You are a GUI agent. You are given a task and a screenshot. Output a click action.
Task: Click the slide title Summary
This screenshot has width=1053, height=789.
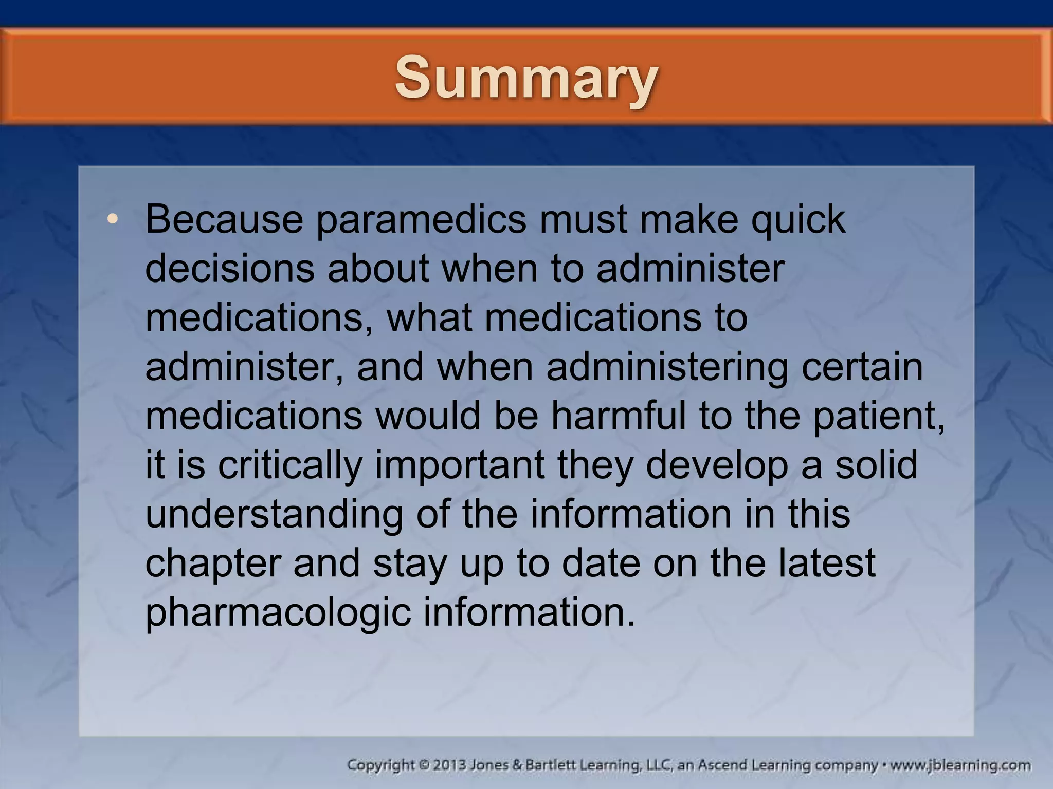click(x=526, y=78)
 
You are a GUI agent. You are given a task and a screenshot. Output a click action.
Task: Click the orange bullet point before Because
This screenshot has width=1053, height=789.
click(x=113, y=219)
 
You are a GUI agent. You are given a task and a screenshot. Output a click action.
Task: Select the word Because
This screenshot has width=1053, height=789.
click(x=224, y=219)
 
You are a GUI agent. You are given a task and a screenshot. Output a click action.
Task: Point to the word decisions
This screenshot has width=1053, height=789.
click(x=230, y=269)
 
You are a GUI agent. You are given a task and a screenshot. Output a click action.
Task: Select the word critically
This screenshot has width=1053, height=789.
click(x=291, y=465)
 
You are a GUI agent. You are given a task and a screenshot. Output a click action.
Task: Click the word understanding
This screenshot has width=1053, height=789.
click(x=274, y=515)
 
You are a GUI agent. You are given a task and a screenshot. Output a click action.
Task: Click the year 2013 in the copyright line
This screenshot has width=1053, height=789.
click(x=449, y=765)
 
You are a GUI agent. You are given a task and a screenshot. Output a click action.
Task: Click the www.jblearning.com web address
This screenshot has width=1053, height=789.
click(x=960, y=765)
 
